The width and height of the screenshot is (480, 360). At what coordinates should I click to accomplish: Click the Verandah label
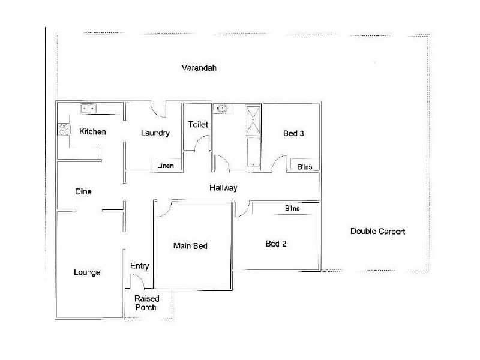[x=199, y=68]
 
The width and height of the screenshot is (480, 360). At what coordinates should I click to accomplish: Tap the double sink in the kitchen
[x=88, y=109]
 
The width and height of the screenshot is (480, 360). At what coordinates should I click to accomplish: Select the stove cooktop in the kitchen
[x=62, y=129]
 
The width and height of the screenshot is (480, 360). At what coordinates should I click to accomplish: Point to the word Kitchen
[x=92, y=132]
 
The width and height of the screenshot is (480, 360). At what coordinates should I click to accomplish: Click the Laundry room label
[x=155, y=133]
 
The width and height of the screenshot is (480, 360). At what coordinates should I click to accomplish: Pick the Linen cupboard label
[x=166, y=166]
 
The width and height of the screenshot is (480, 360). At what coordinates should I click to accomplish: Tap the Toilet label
[x=198, y=125]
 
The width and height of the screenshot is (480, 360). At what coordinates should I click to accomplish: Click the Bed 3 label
[x=293, y=134]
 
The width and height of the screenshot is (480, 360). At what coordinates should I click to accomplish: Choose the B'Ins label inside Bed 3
[x=305, y=167]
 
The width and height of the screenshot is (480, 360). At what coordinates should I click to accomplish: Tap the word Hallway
[x=223, y=188]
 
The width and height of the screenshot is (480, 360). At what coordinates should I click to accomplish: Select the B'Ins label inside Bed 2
[x=292, y=208]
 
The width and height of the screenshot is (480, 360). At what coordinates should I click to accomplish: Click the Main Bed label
[x=190, y=246]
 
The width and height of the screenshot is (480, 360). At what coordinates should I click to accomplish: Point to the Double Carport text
[x=378, y=231]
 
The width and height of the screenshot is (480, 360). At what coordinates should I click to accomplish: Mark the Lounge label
[x=87, y=272]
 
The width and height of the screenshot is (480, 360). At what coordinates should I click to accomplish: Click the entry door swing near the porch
[x=137, y=281]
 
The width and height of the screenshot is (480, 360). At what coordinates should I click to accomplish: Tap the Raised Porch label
[x=145, y=302]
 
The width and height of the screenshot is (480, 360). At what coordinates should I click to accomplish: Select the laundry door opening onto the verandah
[x=157, y=108]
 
